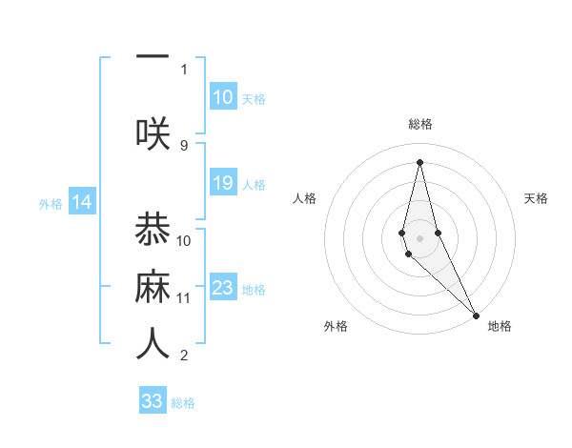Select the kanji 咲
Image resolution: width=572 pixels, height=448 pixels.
coord(153,132)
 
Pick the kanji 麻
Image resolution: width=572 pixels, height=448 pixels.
coord(153,287)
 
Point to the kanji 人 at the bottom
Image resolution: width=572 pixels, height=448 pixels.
coord(153,344)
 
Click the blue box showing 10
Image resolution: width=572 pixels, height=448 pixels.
coord(223,96)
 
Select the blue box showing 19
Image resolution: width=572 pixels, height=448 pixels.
coord(223,183)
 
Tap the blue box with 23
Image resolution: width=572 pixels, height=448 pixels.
coord(223,288)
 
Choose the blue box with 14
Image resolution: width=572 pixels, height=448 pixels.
coord(81,202)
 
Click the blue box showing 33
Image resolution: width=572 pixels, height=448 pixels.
coord(153,401)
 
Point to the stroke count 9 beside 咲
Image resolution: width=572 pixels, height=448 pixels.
coord(184,146)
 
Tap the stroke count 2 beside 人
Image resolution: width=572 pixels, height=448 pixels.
coord(184,356)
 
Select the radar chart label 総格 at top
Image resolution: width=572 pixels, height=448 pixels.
coord(419,124)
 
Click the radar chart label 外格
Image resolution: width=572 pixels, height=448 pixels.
coord(336,326)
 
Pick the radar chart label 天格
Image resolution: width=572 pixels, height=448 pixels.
coord(536,198)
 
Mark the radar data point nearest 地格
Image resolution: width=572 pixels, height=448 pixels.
coord(476,315)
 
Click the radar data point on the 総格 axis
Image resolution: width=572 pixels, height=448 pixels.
coord(419,162)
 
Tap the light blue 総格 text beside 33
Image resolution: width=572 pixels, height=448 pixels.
coord(183,403)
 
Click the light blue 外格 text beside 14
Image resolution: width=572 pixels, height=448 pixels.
coord(50,203)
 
